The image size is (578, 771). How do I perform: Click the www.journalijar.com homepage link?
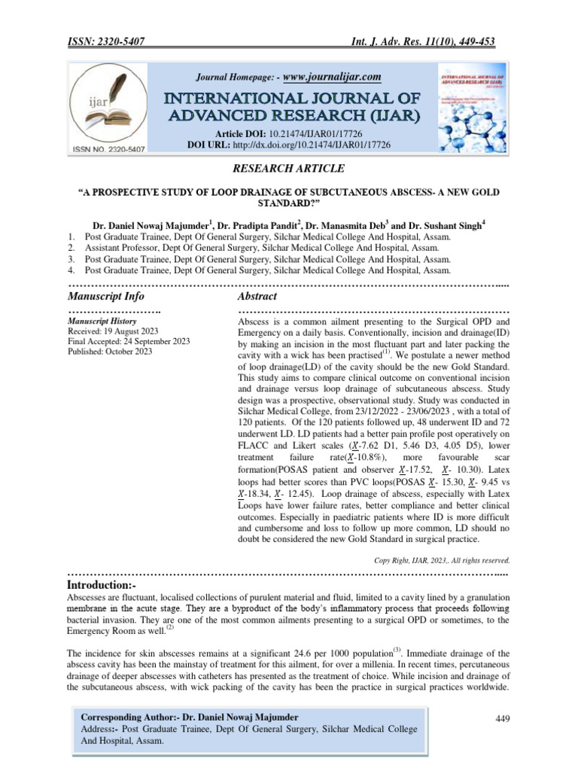(x=332, y=76)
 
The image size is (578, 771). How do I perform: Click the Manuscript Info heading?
(x=106, y=297)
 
